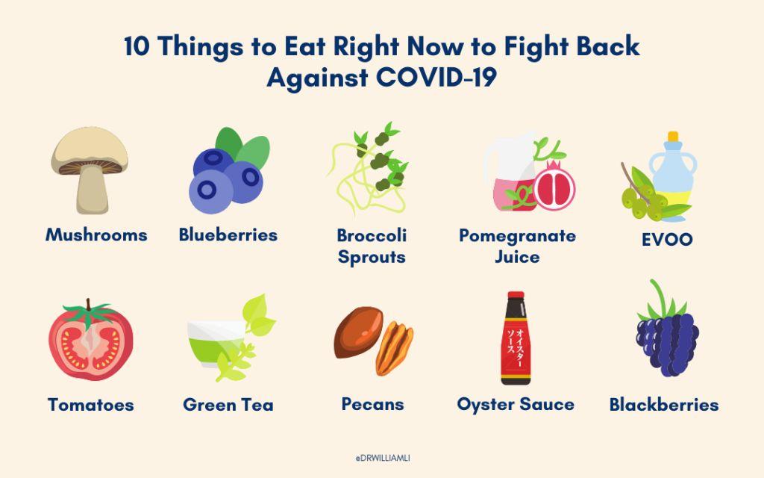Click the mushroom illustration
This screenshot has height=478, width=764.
(90, 171)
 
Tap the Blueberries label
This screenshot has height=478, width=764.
(228, 235)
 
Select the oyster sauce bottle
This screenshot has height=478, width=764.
(516, 338)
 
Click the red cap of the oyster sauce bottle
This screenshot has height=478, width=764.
(516, 296)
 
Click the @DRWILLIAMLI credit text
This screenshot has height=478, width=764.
(383, 458)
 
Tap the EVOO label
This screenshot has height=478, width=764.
(667, 240)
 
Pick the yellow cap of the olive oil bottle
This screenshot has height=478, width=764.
(673, 136)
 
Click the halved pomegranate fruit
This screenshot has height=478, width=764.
(554, 187)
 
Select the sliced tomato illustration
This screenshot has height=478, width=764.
(90, 340)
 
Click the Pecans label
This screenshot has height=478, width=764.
(373, 404)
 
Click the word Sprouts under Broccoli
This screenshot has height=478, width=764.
(372, 257)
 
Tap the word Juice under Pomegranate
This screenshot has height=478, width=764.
(517, 257)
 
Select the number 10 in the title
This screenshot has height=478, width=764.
(136, 47)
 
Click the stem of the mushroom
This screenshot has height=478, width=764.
(92, 190)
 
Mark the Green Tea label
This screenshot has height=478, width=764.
(228, 404)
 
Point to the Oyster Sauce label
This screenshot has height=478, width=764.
(516, 404)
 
